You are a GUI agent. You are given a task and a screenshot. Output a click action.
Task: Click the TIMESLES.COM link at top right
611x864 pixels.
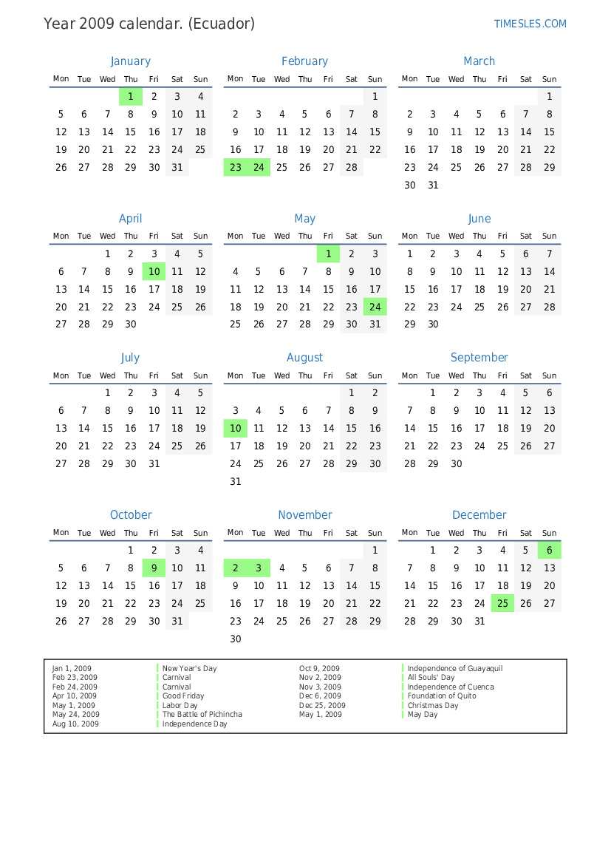[x=530, y=24]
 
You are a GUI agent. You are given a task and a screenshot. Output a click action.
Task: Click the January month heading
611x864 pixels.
[x=130, y=61]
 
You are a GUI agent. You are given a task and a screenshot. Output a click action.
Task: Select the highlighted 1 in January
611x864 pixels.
[x=131, y=96]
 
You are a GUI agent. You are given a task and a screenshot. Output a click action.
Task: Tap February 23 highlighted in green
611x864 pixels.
[x=236, y=168]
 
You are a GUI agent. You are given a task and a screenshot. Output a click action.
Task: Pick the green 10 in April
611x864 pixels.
[x=154, y=271]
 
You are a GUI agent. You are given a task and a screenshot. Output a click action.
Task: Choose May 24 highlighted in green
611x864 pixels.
[x=375, y=307]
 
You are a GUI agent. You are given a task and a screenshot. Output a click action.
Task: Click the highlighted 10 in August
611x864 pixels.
[x=236, y=429]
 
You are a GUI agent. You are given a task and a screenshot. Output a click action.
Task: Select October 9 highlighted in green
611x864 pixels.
[x=154, y=568]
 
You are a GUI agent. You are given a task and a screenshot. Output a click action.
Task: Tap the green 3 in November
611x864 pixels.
[x=259, y=568]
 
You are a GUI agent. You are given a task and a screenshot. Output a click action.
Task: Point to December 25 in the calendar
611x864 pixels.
[x=502, y=604]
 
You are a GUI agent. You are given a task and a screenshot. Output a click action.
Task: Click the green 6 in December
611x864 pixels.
[x=549, y=550]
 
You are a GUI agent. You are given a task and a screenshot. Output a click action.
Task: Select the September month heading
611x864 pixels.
[x=479, y=358]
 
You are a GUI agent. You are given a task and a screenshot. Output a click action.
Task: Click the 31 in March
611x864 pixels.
[x=433, y=186]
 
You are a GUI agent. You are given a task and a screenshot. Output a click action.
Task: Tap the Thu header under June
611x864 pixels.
[x=479, y=237]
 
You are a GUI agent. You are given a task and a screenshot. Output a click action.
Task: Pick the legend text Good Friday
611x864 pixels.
[x=183, y=696]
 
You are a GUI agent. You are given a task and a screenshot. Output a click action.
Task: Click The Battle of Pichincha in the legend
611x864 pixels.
[x=202, y=715]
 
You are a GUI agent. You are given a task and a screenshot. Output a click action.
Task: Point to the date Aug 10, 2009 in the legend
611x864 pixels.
[x=75, y=724]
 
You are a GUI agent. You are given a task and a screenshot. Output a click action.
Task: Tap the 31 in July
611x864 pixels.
[x=154, y=464]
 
